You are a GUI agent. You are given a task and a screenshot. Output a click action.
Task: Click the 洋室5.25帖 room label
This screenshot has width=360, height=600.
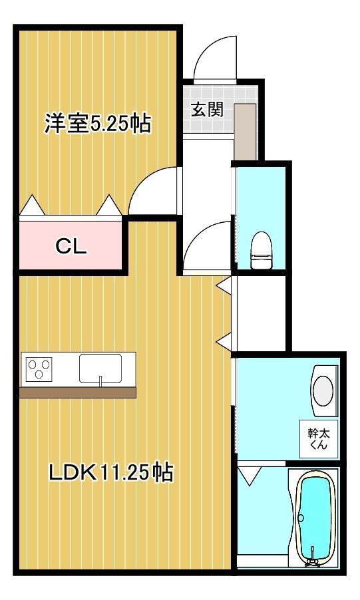click(97, 124)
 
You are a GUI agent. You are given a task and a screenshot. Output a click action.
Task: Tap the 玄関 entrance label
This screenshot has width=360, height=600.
click(207, 110)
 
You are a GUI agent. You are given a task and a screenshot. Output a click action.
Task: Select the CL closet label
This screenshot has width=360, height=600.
click(71, 247)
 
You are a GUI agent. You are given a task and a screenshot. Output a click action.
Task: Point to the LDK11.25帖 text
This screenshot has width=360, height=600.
click(110, 473)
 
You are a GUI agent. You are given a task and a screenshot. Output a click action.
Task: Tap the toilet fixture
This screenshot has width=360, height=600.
click(260, 251)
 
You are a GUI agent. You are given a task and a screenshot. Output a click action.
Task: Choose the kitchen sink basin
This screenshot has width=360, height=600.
click(100, 369)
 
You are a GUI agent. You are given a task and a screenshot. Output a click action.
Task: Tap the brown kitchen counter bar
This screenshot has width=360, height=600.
click(77, 392)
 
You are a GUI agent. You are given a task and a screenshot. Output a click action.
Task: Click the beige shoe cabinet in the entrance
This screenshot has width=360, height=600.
click(245, 131)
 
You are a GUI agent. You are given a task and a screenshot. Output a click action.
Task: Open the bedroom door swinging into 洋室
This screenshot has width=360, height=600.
click(154, 190)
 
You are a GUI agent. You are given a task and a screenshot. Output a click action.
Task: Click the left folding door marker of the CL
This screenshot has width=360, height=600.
click(32, 206)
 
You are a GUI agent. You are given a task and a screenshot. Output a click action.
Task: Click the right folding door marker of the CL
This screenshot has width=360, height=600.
click(108, 206)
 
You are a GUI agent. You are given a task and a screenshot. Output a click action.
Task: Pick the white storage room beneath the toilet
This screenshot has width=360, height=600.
click(260, 311)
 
